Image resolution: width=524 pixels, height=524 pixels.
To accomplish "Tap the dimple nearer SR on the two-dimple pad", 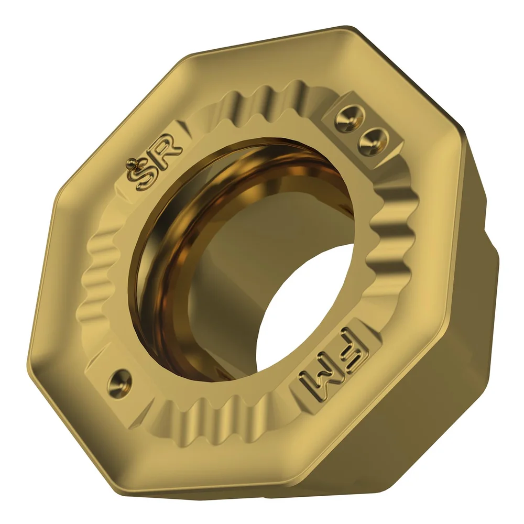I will (346, 120).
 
